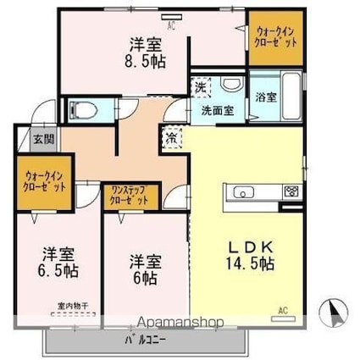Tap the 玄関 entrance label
tap(43, 139)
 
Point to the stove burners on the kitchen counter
tap(291, 191)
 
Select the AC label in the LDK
tap(285, 309)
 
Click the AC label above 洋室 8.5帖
tap(171, 25)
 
